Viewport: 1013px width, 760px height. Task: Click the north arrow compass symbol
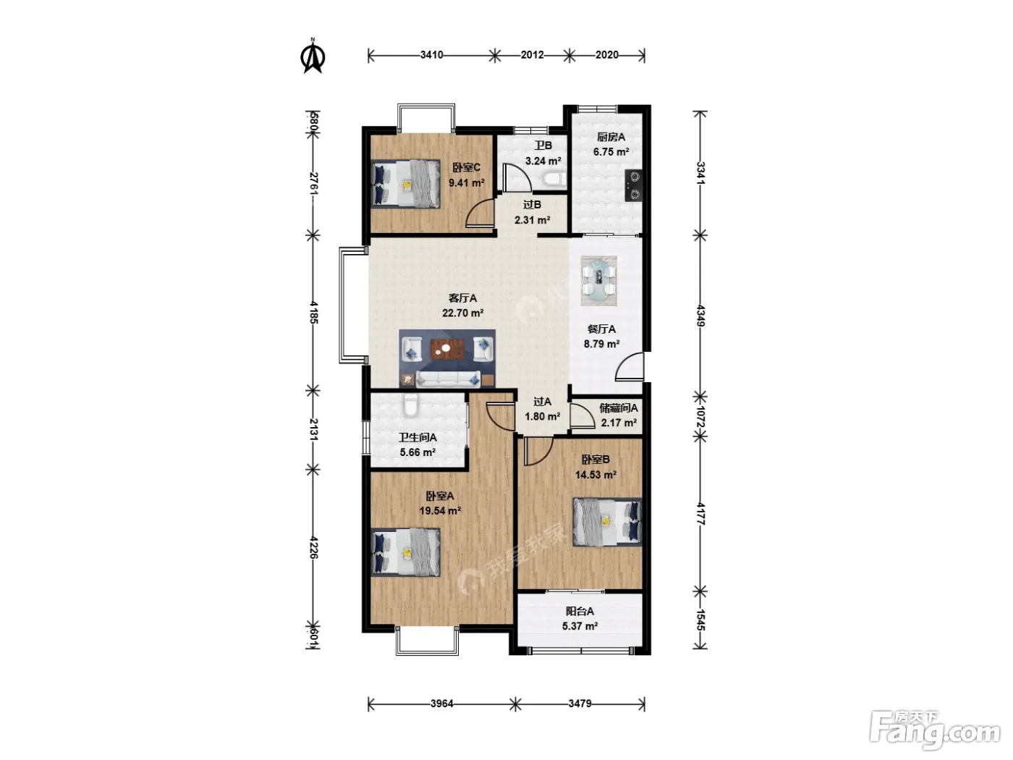click(x=313, y=56)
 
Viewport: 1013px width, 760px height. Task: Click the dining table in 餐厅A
click(x=598, y=280)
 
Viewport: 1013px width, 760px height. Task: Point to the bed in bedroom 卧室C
click(x=406, y=184)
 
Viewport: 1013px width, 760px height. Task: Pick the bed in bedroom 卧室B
click(x=607, y=522)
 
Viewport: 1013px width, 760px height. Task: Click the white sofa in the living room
click(x=448, y=379)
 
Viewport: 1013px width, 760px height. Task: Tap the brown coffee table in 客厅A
click(x=447, y=349)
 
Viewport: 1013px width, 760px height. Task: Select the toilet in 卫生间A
click(x=410, y=405)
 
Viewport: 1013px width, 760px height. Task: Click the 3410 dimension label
click(x=431, y=56)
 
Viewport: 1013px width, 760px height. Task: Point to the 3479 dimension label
click(x=580, y=704)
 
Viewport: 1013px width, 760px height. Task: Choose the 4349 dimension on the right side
click(x=700, y=316)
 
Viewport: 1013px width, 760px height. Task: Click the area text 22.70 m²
click(x=462, y=313)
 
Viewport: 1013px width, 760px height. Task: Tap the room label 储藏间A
click(x=619, y=408)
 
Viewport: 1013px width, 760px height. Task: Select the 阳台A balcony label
click(x=580, y=612)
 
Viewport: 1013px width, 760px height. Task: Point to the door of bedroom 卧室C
click(x=480, y=214)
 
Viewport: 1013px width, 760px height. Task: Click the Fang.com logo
click(x=934, y=731)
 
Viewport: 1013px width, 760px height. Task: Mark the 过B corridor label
click(x=532, y=204)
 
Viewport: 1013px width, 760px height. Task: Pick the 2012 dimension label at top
click(x=532, y=56)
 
